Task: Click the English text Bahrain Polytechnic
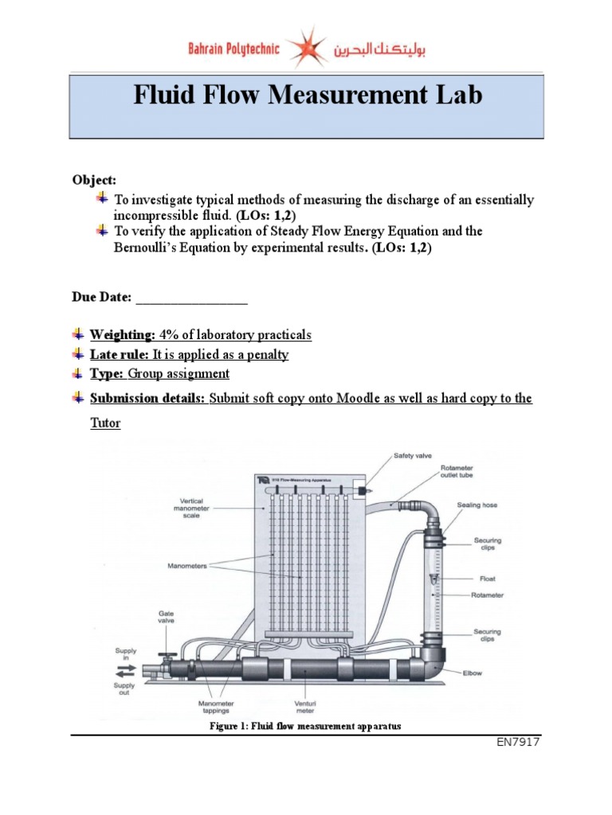pyautogui.click(x=233, y=49)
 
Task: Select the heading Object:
pyautogui.click(x=93, y=181)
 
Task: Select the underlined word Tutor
pyautogui.click(x=105, y=423)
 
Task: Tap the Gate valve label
pyautogui.click(x=166, y=618)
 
